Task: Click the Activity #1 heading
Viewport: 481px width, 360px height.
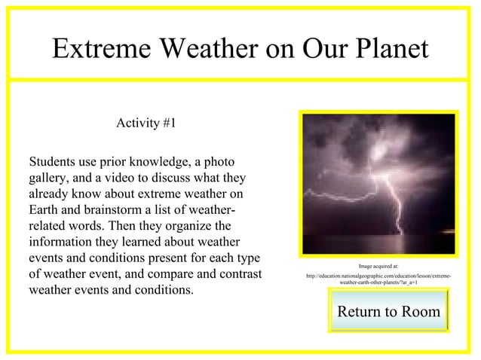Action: pos(146,124)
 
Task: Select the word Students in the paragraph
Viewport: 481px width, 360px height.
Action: pos(54,162)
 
